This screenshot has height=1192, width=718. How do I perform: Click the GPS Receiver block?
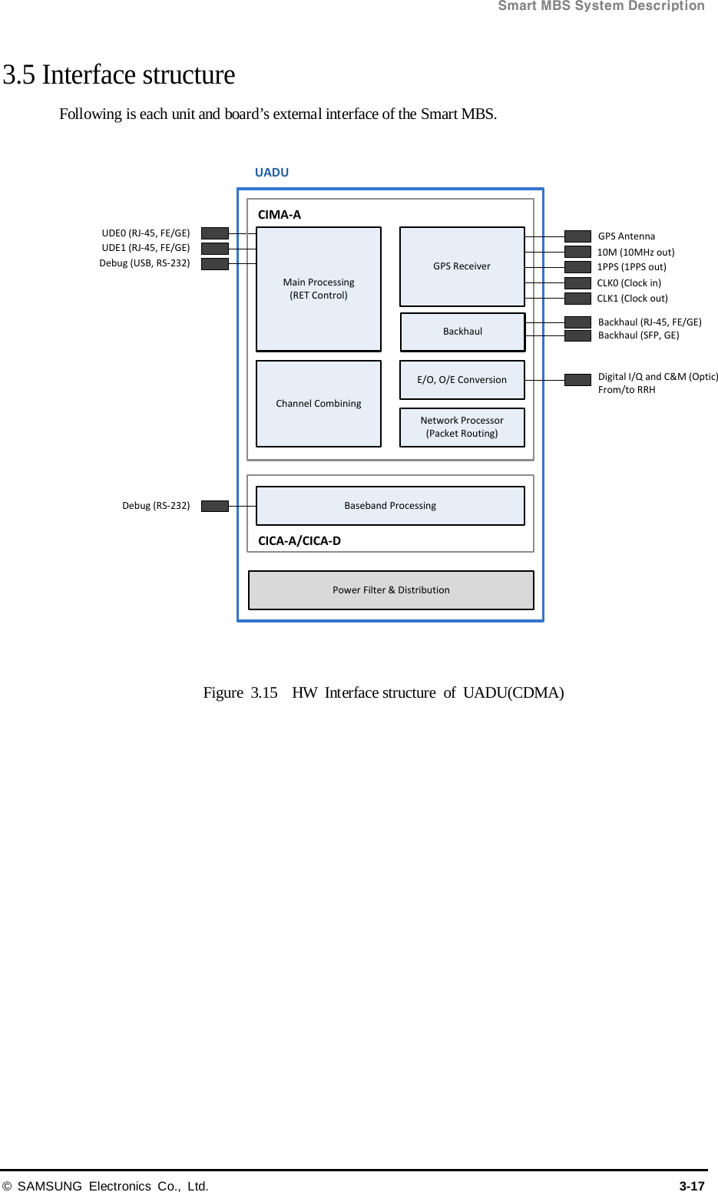(x=462, y=266)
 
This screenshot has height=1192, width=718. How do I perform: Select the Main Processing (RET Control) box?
(x=318, y=289)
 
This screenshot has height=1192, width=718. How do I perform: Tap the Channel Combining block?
(x=318, y=404)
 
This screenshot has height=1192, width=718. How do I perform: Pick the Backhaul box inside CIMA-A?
(x=462, y=332)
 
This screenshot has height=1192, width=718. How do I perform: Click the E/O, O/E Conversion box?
(x=462, y=380)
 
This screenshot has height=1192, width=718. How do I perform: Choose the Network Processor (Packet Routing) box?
(x=462, y=427)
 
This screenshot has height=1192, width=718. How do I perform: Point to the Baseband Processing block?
(x=390, y=506)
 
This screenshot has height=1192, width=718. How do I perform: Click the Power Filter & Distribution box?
(x=391, y=590)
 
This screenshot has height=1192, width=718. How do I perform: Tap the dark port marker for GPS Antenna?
(x=577, y=236)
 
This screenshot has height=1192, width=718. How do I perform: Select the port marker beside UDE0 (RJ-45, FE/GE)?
(x=215, y=233)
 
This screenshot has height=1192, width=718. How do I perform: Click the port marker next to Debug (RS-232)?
(x=215, y=506)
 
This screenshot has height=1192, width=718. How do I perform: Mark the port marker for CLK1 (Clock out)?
(x=577, y=299)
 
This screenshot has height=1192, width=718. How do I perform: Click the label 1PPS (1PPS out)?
(x=631, y=267)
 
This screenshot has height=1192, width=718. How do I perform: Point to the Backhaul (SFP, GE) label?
(x=638, y=335)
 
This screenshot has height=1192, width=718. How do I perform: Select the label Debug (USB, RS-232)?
(x=144, y=263)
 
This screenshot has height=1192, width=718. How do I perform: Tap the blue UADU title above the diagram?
(x=272, y=173)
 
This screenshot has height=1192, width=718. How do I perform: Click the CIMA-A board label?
(x=280, y=215)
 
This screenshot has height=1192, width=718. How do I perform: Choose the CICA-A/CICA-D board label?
(x=299, y=541)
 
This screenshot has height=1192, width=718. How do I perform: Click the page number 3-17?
(x=691, y=1186)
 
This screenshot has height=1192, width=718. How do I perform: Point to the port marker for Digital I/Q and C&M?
(x=577, y=380)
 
